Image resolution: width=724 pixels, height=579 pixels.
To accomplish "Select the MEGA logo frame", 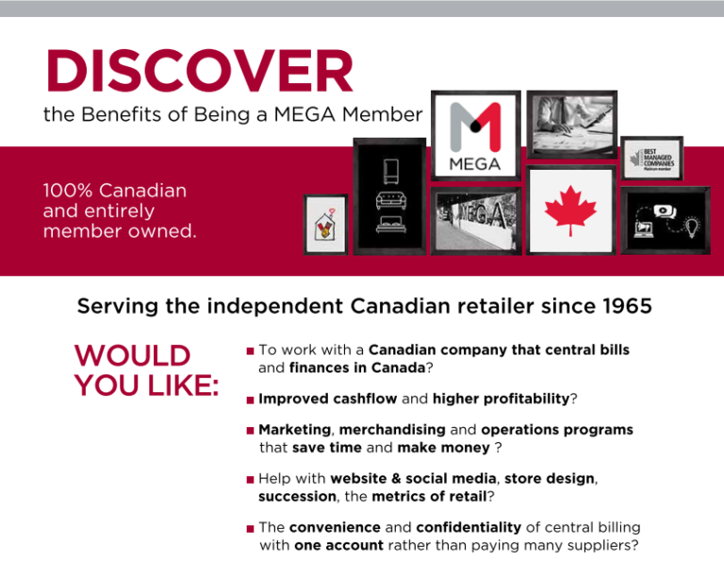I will click(x=475, y=135).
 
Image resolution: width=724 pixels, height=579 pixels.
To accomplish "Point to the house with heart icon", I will click(x=325, y=224).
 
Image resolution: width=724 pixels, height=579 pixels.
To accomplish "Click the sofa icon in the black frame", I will click(x=389, y=200).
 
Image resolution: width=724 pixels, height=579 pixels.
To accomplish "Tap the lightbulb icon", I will click(x=692, y=226).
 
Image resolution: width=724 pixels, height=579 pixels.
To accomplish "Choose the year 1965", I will click(x=625, y=307).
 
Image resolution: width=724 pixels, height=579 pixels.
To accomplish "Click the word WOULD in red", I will click(x=132, y=356).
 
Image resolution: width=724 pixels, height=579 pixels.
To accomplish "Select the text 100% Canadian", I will click(x=115, y=190).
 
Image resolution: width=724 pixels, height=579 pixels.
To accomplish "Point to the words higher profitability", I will click(x=500, y=399).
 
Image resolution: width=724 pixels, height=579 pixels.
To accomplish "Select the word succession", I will click(x=297, y=496).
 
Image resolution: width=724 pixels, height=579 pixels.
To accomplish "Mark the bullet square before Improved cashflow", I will click(x=250, y=400).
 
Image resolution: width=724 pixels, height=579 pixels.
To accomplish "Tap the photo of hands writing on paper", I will click(x=571, y=124).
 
